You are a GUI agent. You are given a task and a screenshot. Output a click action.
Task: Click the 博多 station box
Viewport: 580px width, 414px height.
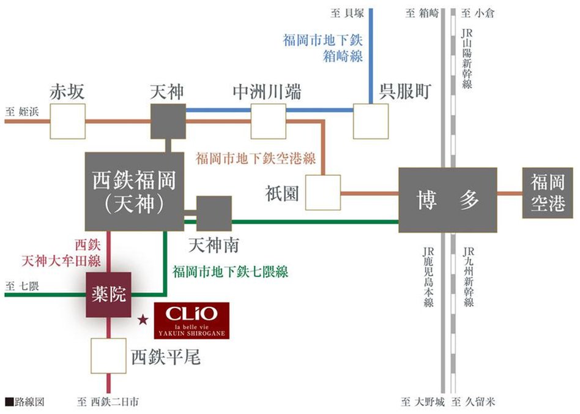(447, 200)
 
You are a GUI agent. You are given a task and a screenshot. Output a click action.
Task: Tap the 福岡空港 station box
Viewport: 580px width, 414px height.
(548, 193)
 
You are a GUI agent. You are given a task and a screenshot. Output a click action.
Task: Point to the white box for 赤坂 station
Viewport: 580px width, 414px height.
(67, 121)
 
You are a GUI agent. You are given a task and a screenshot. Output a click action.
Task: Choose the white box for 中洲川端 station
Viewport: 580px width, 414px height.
(268, 121)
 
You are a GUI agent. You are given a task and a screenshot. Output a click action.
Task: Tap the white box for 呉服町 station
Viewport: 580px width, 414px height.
(370, 121)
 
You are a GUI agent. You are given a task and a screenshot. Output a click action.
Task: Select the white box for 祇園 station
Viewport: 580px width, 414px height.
(322, 193)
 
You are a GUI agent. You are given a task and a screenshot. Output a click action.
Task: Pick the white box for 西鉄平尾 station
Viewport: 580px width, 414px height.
(109, 356)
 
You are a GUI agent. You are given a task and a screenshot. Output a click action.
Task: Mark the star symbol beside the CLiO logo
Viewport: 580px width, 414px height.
(143, 319)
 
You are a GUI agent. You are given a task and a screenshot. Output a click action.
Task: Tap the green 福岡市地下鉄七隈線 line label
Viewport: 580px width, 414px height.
(230, 270)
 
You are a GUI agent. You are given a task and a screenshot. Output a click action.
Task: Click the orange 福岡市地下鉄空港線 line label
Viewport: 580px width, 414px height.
(256, 159)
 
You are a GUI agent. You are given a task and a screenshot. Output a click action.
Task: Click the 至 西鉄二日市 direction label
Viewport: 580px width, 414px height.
(108, 402)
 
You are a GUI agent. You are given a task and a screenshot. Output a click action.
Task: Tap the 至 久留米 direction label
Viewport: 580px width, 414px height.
(473, 402)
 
